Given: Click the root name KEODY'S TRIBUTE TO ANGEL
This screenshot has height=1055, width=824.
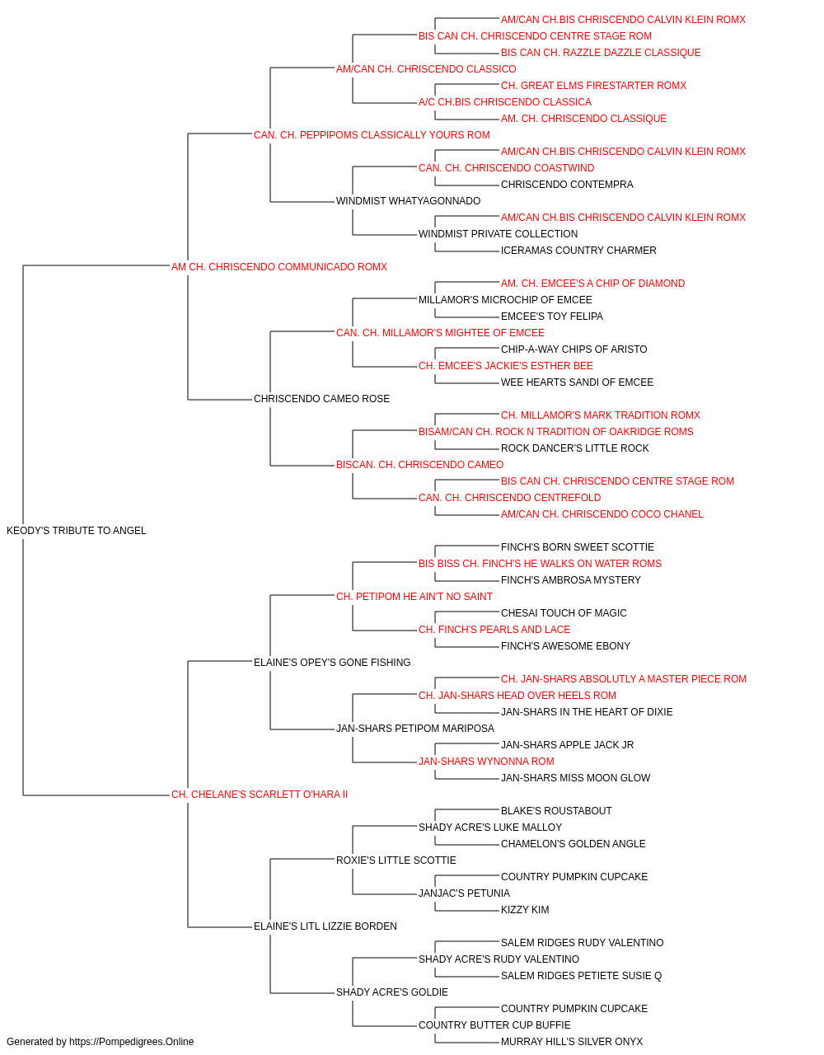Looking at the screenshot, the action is (76, 531).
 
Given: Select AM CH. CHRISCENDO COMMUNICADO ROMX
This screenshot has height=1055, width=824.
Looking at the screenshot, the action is (279, 267).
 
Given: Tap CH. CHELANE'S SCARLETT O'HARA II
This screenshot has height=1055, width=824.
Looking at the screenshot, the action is (260, 795).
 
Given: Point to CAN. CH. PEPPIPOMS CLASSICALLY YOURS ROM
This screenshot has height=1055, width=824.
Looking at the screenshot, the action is (372, 135).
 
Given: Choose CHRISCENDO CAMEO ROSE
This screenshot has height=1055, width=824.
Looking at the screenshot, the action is (321, 399).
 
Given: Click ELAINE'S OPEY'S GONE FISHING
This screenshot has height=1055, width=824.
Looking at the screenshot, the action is (332, 663).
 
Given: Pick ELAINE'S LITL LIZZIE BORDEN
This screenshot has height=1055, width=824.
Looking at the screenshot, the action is (325, 926).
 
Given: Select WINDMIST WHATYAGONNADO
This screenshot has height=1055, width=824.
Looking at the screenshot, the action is (408, 201).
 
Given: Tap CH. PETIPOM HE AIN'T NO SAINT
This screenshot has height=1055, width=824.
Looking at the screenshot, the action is (414, 597).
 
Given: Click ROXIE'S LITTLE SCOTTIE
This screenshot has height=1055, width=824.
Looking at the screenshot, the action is (396, 860).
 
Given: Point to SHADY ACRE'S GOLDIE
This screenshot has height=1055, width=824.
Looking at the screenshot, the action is (392, 992).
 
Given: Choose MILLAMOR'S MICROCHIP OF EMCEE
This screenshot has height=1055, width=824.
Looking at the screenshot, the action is (505, 300).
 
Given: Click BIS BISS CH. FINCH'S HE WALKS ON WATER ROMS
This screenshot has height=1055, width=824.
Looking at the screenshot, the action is (540, 564).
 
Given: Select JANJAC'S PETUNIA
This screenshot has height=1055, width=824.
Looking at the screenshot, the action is (464, 893).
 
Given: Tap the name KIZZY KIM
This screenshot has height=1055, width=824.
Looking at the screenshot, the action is (525, 910).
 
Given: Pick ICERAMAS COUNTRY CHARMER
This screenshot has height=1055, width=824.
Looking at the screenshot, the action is (578, 251).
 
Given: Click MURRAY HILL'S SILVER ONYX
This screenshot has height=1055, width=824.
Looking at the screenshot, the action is (572, 1042).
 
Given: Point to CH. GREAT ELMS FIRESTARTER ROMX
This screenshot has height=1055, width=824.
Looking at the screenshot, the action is (593, 86).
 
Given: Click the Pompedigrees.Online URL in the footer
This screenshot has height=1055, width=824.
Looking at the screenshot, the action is (131, 1042).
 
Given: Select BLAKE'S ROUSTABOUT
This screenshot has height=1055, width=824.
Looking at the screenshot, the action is (556, 811).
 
